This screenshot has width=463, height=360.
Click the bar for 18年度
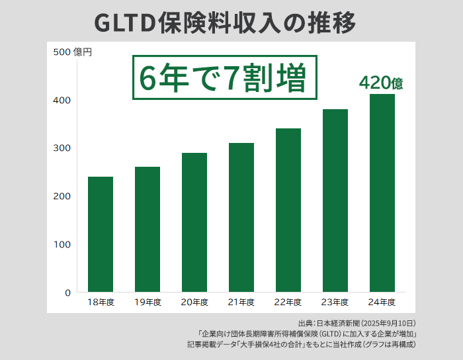pos(101,234)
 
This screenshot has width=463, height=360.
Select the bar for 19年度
pos(147,230)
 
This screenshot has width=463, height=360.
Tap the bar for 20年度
pos(194,222)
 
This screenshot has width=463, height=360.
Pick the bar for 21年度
pos(241,218)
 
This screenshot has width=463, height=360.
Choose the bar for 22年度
pos(288,210)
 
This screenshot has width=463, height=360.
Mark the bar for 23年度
pos(335,201)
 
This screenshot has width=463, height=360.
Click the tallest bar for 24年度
pos(382,193)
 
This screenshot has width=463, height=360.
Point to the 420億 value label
pos(381,83)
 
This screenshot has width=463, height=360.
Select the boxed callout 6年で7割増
pos(223,78)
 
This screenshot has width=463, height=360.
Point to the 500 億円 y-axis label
pos(73,52)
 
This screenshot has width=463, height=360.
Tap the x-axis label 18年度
pos(101,302)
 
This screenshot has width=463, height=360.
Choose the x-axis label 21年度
pos(241,302)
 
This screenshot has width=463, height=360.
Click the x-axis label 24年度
pos(382,302)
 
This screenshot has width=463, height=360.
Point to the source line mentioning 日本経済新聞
pos(357,323)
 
